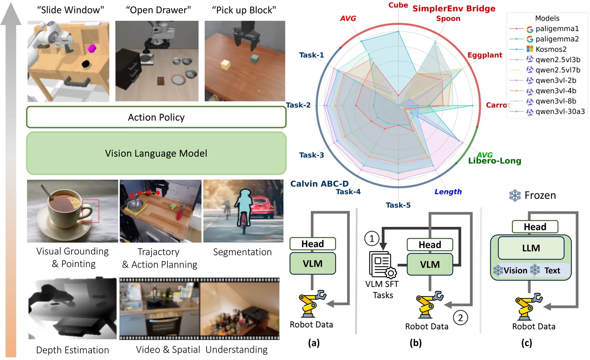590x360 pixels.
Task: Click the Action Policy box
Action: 156,117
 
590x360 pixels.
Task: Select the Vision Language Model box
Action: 156,153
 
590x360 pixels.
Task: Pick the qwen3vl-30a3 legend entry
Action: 560,111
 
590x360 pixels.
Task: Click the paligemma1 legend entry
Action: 557,28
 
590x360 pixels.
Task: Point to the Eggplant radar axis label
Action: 485,55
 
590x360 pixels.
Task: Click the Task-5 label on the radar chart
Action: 398,205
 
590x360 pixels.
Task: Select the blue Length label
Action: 448,191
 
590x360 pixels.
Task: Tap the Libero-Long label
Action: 494,161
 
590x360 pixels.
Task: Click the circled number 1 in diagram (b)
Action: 371,238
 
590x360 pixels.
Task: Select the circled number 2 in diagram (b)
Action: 460,317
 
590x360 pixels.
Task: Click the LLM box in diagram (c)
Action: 531,248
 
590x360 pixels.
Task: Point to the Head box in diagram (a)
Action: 312,244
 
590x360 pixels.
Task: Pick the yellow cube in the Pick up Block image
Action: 225,65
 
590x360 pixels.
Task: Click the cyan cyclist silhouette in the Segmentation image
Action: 243,208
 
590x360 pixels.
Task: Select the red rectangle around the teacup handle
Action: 90,211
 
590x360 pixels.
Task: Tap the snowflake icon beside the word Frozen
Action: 515,195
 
